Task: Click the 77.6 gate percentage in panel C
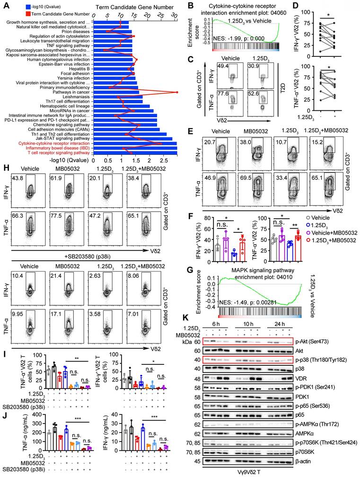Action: click(222, 95)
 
